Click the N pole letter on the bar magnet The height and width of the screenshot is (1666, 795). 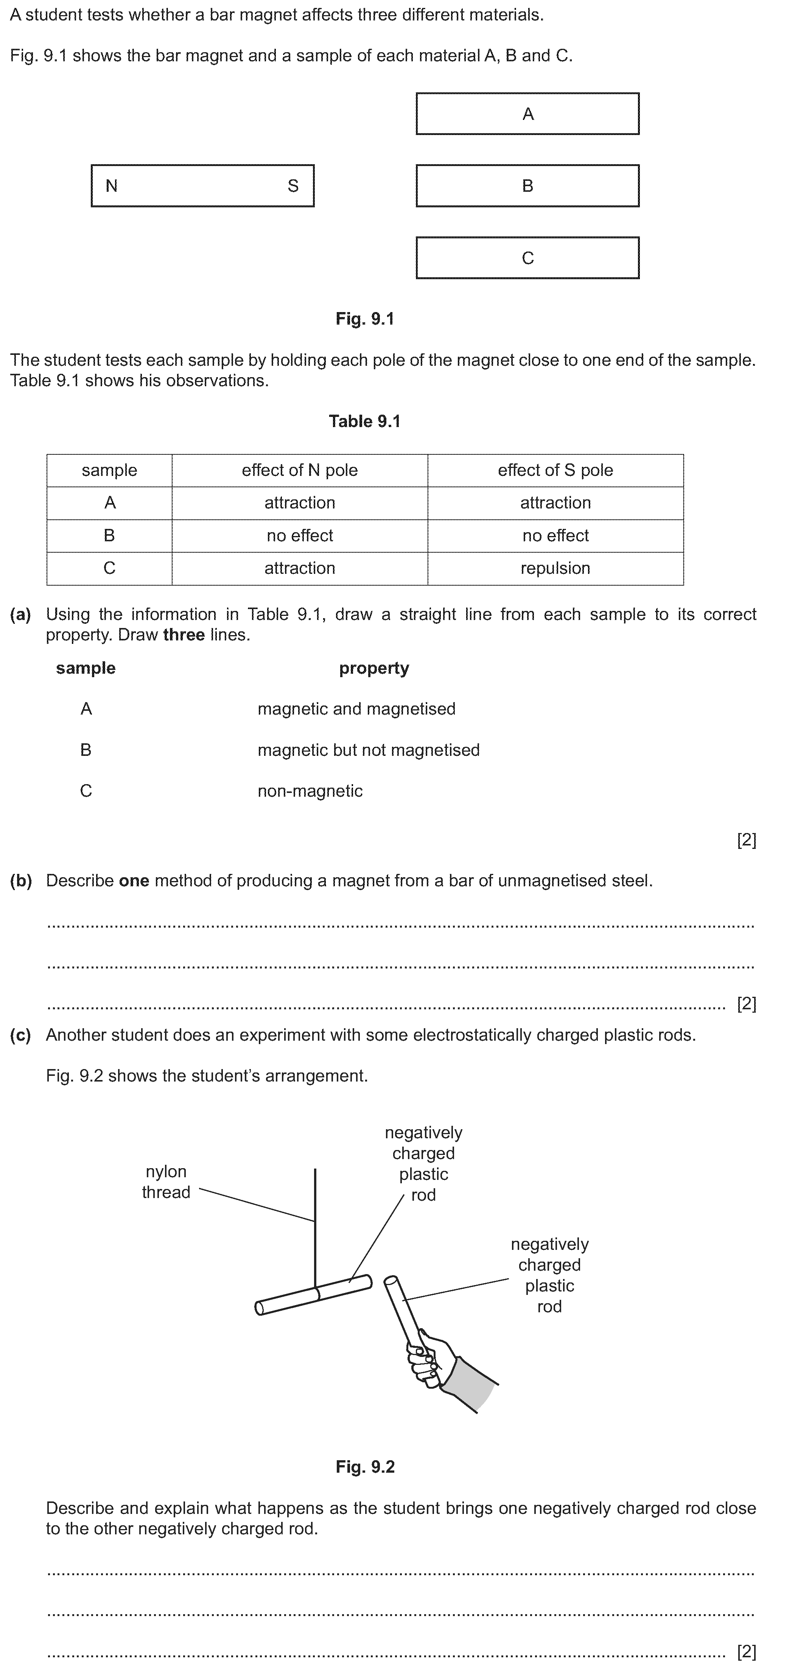[x=111, y=186]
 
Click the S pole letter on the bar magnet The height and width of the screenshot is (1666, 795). [x=293, y=186]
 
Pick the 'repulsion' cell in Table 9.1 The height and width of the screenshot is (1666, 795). [x=555, y=569]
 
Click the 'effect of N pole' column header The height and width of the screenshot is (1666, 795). [x=300, y=470]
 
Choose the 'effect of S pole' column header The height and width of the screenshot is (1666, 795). [x=555, y=470]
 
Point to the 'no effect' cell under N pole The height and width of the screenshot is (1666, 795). [x=300, y=536]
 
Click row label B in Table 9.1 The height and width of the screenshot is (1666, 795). [x=109, y=536]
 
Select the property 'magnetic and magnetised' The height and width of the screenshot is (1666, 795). [x=356, y=709]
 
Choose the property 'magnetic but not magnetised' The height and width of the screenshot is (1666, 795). [x=369, y=750]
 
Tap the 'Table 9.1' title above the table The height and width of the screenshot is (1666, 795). [x=365, y=422]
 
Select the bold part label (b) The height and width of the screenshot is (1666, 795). [x=21, y=881]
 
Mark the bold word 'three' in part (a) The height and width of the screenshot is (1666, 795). [x=184, y=635]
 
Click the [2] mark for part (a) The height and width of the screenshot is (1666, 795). [x=747, y=840]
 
